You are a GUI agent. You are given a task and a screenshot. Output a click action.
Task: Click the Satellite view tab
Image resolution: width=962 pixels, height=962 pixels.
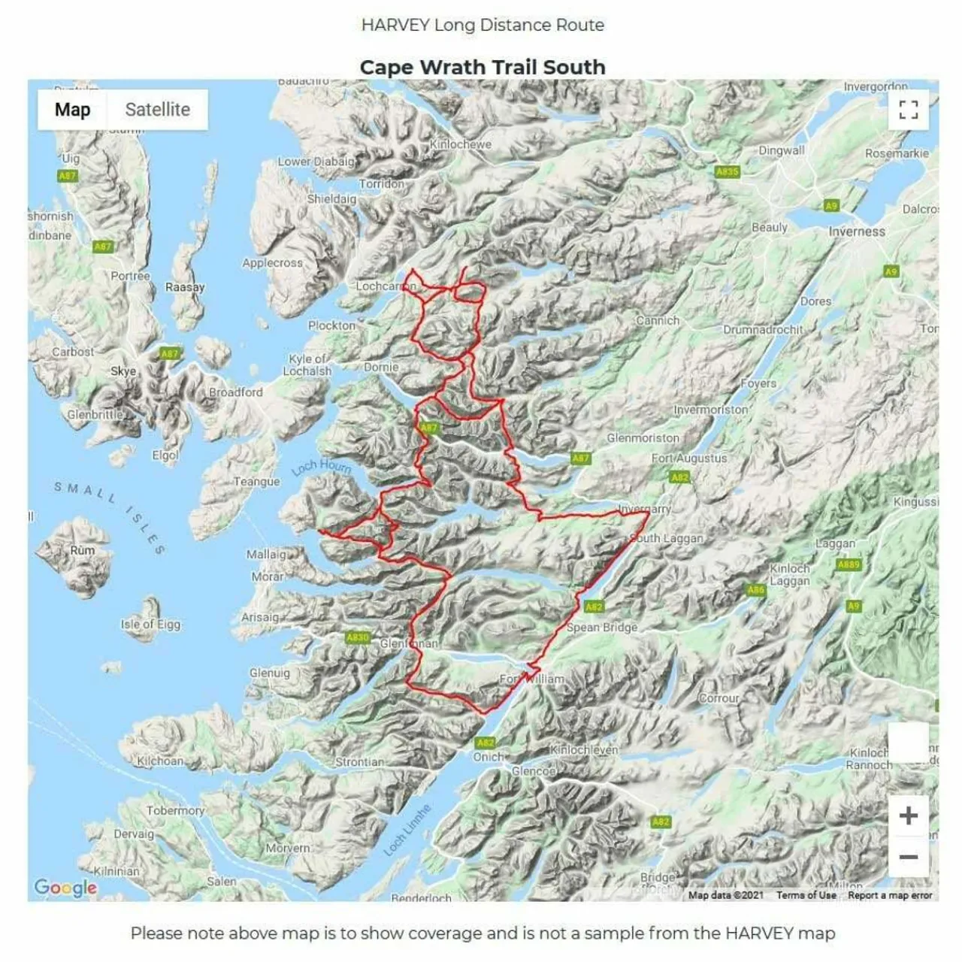coord(157,110)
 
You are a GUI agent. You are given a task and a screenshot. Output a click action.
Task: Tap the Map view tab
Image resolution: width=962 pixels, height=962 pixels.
coord(73,110)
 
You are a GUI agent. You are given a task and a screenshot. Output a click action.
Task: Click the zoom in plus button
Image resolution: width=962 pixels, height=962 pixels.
coord(908,815)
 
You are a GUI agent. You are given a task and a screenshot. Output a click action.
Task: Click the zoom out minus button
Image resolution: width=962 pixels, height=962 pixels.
coord(908,857)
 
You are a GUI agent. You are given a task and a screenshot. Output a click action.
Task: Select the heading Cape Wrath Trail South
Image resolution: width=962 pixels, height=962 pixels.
coord(482,67)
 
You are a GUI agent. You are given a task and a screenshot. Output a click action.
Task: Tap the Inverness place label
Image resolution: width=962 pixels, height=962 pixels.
coord(857,231)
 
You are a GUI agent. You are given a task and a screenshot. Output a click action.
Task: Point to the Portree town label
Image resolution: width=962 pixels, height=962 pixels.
coord(130,276)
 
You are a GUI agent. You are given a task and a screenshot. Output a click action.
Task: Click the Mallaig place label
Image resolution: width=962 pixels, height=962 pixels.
coord(266,555)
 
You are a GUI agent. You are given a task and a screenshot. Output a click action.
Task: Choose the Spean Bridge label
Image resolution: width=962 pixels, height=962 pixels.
coord(602,627)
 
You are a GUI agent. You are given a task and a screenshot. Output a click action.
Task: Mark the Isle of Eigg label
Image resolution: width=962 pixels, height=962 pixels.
coord(150,624)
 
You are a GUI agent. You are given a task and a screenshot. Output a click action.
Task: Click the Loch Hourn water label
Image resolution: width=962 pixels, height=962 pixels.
coord(321,467)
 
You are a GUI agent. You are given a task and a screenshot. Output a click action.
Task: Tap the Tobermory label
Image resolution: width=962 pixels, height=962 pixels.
coord(175,810)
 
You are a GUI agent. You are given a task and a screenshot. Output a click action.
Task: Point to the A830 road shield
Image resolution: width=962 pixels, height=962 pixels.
coord(358,637)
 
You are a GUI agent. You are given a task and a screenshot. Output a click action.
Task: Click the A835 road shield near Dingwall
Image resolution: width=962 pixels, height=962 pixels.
coord(727,171)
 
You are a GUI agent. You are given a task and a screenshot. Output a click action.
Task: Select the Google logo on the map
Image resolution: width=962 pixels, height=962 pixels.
coord(65,888)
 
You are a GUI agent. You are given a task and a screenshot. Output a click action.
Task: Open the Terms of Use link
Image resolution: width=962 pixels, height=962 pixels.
coord(806,895)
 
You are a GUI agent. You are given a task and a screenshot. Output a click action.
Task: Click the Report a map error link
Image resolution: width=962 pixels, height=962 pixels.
coord(890,895)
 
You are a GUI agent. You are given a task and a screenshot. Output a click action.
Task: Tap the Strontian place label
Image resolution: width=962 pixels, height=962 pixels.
coord(359,762)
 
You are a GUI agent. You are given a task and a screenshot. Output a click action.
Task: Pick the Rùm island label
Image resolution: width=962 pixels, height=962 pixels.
coord(82,550)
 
